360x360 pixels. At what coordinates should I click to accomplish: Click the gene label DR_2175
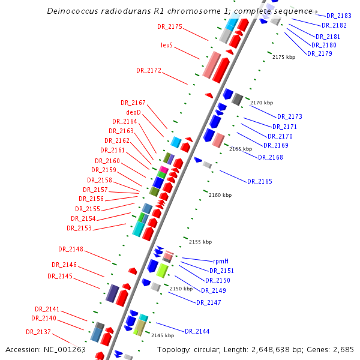(170, 26)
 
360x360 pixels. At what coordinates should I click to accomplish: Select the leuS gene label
(167, 45)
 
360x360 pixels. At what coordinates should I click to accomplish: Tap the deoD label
(133, 112)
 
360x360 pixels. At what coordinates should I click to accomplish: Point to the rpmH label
(221, 261)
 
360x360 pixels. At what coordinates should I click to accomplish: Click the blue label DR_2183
(339, 16)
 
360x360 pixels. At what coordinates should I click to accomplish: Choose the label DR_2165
(259, 181)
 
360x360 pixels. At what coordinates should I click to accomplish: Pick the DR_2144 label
(197, 331)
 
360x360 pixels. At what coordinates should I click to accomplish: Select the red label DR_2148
(71, 249)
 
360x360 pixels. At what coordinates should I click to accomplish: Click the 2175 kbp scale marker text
(284, 57)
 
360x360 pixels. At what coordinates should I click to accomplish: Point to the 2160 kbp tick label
(220, 195)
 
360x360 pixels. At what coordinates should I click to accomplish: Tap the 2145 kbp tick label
(162, 335)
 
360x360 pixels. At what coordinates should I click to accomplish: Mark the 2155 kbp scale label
(200, 242)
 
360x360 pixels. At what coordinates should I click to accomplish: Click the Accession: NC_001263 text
(46, 349)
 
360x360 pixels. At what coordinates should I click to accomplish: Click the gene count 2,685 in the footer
(343, 349)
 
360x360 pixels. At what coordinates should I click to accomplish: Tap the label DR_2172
(149, 70)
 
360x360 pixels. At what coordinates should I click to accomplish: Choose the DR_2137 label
(38, 332)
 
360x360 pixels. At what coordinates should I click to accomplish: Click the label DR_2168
(270, 157)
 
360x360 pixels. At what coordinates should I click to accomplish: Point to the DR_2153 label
(79, 228)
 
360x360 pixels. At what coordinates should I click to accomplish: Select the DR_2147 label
(208, 302)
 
